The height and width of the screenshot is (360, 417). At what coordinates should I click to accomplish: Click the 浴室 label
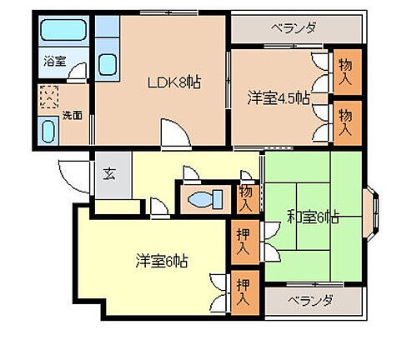pos(54,61)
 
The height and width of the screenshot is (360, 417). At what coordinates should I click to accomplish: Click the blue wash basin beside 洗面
pos(48,132)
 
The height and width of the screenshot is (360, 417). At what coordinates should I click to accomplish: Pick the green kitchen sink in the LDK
pos(108,64)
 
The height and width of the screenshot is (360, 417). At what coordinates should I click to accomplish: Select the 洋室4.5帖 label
pos(278,98)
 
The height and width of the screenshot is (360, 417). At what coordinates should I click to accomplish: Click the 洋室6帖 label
pos(162,260)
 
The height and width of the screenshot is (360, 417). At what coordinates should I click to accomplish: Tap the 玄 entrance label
pos(109,174)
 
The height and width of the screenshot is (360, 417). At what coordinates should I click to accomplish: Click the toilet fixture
pos(204,201)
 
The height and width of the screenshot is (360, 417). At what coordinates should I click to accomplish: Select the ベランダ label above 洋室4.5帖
pos(294,27)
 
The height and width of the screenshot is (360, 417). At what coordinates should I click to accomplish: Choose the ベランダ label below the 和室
pos(311,300)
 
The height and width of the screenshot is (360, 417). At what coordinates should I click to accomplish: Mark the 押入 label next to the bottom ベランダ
pos(244,292)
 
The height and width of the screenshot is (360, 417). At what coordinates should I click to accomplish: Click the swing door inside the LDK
pos(173,133)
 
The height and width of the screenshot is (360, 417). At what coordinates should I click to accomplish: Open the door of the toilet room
pos(190,176)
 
